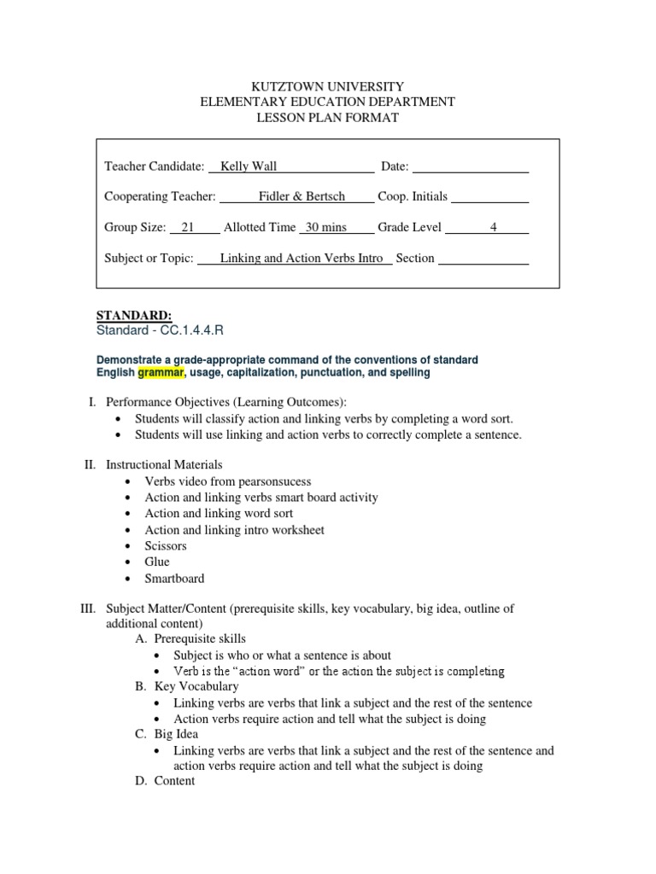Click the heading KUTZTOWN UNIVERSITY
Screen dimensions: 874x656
327,86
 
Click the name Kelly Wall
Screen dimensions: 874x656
249,166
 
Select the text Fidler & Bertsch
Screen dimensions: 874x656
302,196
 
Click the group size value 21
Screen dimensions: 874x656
189,227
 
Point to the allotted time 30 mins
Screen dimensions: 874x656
325,227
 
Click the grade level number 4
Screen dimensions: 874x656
493,227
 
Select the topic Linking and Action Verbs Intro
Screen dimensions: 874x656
302,258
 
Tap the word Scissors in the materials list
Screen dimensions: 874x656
166,545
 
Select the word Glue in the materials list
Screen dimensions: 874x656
157,562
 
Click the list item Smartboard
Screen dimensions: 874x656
174,578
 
